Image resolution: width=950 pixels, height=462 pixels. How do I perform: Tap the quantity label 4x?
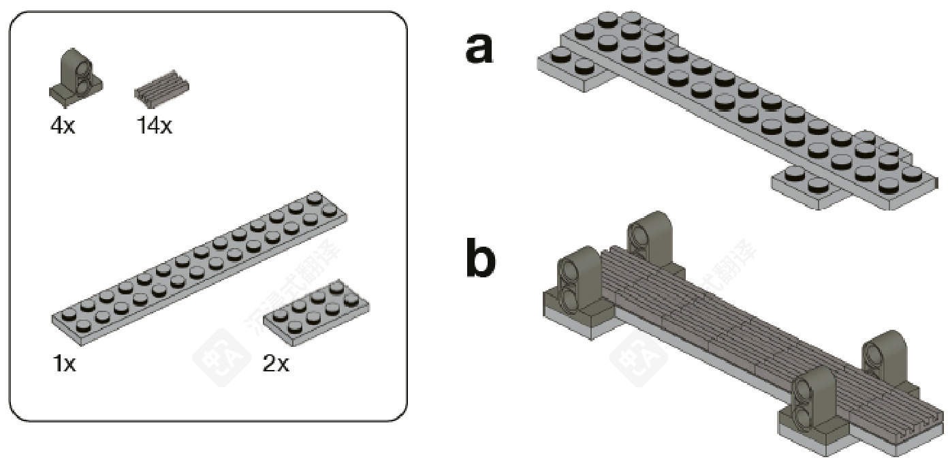[63, 126]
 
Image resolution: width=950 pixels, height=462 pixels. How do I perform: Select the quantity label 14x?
[155, 126]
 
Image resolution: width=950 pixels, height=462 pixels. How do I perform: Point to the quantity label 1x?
[64, 364]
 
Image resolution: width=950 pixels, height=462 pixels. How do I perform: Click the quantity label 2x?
[276, 364]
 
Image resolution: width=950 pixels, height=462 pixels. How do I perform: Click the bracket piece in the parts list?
[76, 78]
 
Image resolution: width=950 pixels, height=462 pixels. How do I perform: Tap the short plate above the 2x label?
[317, 310]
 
